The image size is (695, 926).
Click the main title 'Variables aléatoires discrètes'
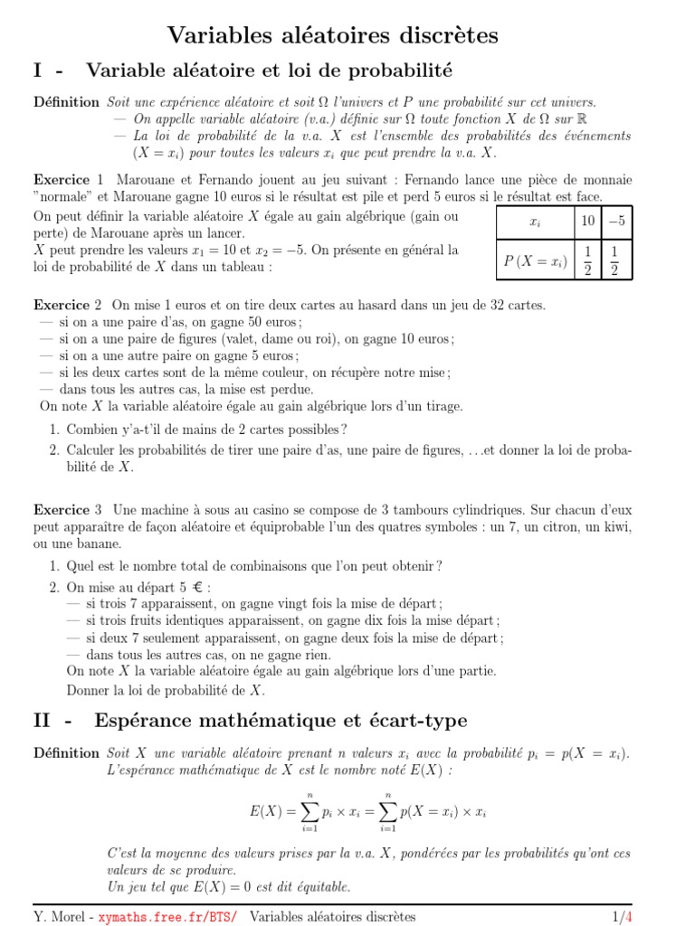coord(333,35)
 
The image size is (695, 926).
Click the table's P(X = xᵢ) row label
coord(534,261)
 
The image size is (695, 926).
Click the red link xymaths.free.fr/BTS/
coord(168,916)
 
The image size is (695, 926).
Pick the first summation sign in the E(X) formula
coord(309,811)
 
